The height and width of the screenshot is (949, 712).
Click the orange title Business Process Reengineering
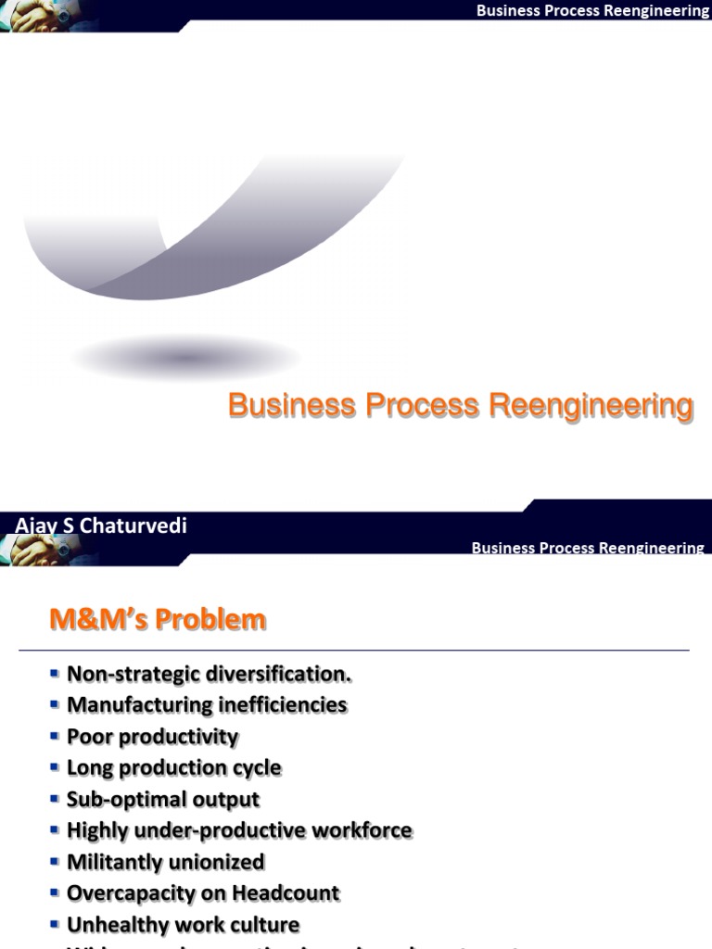460,406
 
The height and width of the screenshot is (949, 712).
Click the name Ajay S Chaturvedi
101,525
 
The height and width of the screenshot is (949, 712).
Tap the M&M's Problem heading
158,619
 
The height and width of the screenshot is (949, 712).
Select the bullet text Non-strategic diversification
210,674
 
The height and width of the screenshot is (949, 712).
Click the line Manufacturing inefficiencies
207,705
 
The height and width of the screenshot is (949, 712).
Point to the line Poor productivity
153,737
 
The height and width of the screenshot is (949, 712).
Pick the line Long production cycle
174,768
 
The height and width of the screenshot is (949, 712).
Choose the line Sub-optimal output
163,800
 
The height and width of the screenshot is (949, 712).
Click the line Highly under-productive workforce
239,831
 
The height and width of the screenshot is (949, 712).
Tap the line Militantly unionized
166,863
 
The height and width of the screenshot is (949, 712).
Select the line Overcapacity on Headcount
203,894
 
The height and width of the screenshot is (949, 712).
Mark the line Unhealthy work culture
184,925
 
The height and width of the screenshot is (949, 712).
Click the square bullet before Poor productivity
55,736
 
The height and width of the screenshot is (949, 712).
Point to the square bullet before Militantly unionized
55,862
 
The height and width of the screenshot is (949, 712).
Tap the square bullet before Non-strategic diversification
55,673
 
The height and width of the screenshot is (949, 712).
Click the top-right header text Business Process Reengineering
592,11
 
